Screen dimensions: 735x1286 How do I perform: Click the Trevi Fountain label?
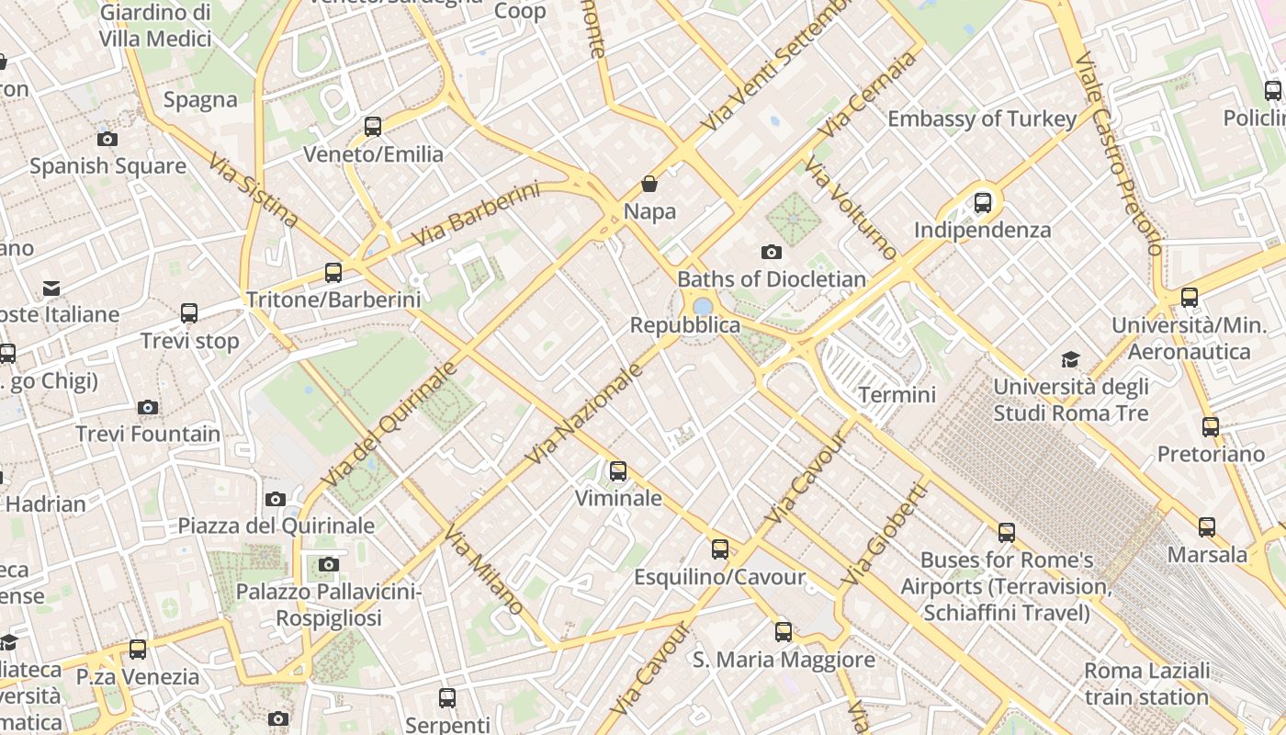(x=148, y=434)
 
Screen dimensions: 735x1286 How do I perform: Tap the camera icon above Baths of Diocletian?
(x=771, y=252)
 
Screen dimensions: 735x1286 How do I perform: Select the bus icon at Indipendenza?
(x=983, y=202)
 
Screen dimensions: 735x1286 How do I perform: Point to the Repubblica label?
(x=685, y=325)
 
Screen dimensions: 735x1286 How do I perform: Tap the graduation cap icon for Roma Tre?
(x=1070, y=359)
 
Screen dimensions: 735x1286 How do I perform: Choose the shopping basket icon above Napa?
(x=649, y=184)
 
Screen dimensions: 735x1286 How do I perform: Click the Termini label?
(x=897, y=395)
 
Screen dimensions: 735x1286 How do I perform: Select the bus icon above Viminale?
(x=618, y=471)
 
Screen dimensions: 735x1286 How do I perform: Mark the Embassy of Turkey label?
(x=981, y=119)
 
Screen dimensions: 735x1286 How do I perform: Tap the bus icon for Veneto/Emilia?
(x=373, y=127)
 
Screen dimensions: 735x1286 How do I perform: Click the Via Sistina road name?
(x=253, y=190)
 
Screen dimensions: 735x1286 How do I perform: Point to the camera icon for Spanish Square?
(x=107, y=140)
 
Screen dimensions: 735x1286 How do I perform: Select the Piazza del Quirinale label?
(x=276, y=526)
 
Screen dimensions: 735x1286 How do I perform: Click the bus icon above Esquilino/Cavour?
(x=720, y=549)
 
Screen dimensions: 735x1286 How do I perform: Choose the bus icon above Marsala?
(x=1207, y=527)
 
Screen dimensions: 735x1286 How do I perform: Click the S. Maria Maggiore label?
(x=784, y=660)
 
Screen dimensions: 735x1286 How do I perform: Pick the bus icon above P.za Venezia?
(x=138, y=650)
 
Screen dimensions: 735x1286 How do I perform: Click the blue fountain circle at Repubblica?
(x=703, y=306)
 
